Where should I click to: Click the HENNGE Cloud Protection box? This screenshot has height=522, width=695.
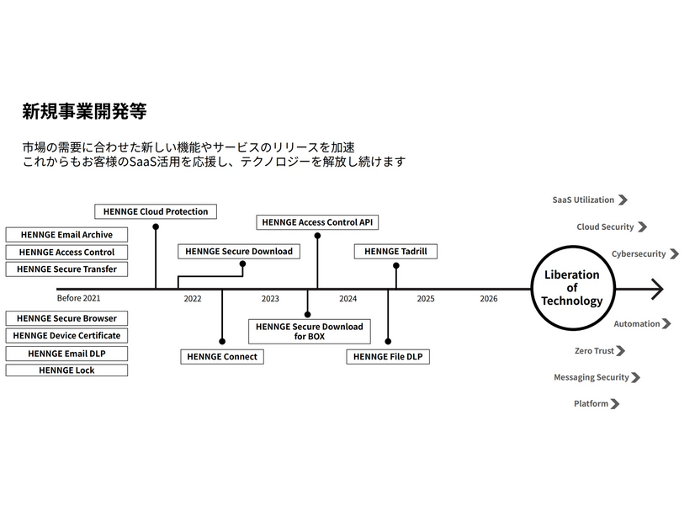click(156, 211)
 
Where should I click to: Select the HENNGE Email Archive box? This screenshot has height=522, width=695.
click(66, 235)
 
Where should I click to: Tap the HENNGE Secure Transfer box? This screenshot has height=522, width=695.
click(66, 269)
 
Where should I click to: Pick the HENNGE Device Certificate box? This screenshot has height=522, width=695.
click(66, 336)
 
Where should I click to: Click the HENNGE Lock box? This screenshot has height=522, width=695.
click(66, 370)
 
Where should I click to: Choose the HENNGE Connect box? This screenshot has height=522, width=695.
click(222, 357)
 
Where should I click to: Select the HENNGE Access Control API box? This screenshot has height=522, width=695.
click(317, 222)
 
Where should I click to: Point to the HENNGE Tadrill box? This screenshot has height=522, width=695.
click(395, 252)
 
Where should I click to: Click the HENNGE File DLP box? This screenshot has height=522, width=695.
click(388, 357)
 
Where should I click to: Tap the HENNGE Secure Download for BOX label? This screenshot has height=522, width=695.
click(310, 331)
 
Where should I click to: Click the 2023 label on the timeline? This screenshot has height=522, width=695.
click(270, 299)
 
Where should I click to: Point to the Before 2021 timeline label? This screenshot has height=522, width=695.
click(78, 299)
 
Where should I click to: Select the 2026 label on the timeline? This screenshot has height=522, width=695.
click(489, 299)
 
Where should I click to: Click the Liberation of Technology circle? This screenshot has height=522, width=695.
click(571, 289)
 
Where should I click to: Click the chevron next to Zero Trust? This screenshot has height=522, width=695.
click(622, 351)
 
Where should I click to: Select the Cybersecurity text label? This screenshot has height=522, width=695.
click(638, 253)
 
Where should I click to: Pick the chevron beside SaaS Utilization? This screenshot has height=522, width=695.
click(623, 200)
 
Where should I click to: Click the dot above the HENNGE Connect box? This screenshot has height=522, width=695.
click(222, 342)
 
